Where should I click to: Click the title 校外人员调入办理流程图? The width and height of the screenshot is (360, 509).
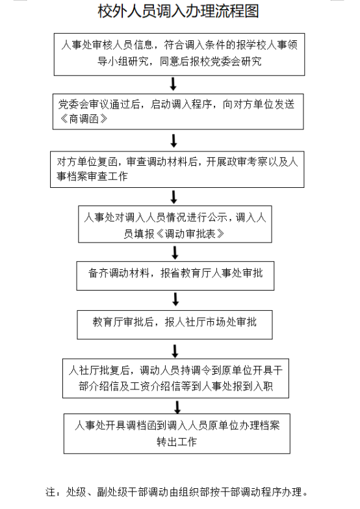point(178,11)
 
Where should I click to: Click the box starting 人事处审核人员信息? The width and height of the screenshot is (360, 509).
point(179,54)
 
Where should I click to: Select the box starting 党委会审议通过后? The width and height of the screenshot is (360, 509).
point(178,112)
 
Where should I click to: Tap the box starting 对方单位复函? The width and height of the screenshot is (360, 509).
point(177,169)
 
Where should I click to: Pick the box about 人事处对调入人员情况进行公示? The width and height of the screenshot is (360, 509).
point(175,224)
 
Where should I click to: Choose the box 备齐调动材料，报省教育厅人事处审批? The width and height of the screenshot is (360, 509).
point(175,276)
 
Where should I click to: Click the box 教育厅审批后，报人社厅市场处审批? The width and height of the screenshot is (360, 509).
point(175,324)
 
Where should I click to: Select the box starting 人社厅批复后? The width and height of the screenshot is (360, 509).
point(175,378)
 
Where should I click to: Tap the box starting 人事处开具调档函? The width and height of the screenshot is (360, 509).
point(177,434)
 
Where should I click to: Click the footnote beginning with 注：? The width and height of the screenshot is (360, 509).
point(177,492)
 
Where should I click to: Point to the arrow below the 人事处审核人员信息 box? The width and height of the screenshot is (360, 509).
point(174,84)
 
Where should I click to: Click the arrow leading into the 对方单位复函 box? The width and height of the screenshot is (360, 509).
point(174,141)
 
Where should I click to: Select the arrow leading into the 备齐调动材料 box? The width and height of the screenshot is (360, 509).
point(175,253)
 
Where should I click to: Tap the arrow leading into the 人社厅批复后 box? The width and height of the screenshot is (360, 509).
point(175,351)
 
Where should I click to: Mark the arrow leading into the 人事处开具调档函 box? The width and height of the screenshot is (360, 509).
point(177,407)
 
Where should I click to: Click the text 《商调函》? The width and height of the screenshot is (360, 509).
point(84,119)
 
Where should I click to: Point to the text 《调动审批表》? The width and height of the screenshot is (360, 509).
point(190,234)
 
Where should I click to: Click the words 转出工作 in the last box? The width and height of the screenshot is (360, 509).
point(177,442)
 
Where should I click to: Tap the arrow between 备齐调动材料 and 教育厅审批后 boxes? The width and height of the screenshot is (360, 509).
point(175,299)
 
